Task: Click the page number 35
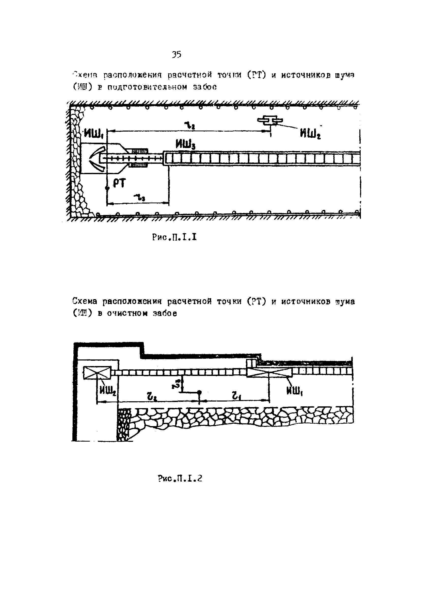click(x=177, y=55)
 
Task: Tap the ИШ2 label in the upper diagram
click(x=310, y=133)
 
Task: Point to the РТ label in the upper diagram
click(x=119, y=183)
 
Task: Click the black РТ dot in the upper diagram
click(x=107, y=188)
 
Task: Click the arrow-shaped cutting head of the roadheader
click(x=97, y=159)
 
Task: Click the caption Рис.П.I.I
click(x=174, y=238)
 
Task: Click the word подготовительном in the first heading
click(x=147, y=87)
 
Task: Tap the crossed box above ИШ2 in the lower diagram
click(x=97, y=373)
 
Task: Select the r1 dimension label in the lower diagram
click(x=235, y=396)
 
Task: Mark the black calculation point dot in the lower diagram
click(x=200, y=392)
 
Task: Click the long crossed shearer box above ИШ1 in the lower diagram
click(x=269, y=372)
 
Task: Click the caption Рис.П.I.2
click(x=180, y=478)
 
